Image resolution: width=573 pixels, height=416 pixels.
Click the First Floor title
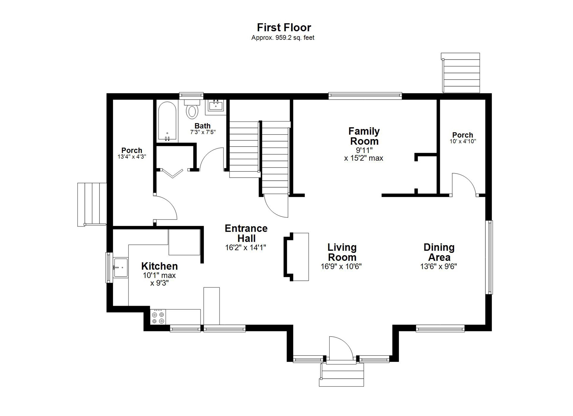click(x=284, y=27)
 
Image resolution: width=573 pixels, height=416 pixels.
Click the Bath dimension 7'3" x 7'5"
click(x=203, y=132)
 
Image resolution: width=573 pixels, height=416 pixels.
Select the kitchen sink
click(x=120, y=267)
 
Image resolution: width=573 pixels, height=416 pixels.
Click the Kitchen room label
click(x=159, y=266)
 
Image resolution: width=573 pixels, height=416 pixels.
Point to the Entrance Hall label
click(x=246, y=233)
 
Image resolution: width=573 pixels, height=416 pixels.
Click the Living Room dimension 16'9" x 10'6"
click(x=341, y=266)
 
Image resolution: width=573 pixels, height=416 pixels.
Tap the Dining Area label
click(x=439, y=252)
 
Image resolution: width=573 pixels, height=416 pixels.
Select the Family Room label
click(x=364, y=136)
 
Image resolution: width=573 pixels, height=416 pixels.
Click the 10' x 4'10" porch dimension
click(x=463, y=142)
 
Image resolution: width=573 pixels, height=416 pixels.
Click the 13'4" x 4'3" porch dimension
click(x=132, y=157)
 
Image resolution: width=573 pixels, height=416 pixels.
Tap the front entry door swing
click(x=340, y=348)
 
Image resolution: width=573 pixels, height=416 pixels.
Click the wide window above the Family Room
click(x=365, y=95)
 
